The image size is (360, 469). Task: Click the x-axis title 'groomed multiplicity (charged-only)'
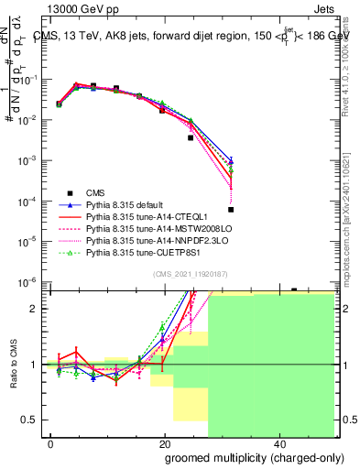click(x=242, y=456)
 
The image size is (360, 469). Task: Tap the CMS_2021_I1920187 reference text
click(x=191, y=273)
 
